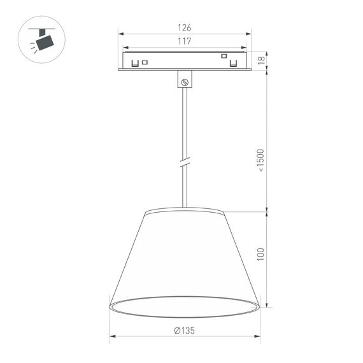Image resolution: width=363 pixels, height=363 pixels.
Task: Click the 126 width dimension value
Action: coord(184,27)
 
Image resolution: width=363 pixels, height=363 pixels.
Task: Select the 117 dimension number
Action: coord(184,41)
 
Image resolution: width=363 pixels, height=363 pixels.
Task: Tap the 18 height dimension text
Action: coord(261,60)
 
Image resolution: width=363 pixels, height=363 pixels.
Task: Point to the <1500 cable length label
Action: coord(260,164)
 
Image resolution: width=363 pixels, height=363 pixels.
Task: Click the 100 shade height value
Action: coord(260,253)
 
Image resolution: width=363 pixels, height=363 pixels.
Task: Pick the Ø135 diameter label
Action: coord(184,331)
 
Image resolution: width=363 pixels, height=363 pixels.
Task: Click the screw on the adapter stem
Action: coord(185,82)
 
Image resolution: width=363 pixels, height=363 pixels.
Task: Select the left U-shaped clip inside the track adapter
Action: coord(135,63)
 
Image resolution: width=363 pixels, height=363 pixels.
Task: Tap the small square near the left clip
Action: coord(145,62)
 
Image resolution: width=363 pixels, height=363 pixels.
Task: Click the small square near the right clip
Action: coord(224,56)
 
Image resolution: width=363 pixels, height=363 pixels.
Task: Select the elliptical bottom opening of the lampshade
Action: coord(184,306)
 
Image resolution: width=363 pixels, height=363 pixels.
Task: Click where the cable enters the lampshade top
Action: coord(185,208)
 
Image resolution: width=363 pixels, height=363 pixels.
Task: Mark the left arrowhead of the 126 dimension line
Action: coord(120,34)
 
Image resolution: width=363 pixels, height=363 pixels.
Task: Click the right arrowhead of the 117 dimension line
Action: coord(243,47)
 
